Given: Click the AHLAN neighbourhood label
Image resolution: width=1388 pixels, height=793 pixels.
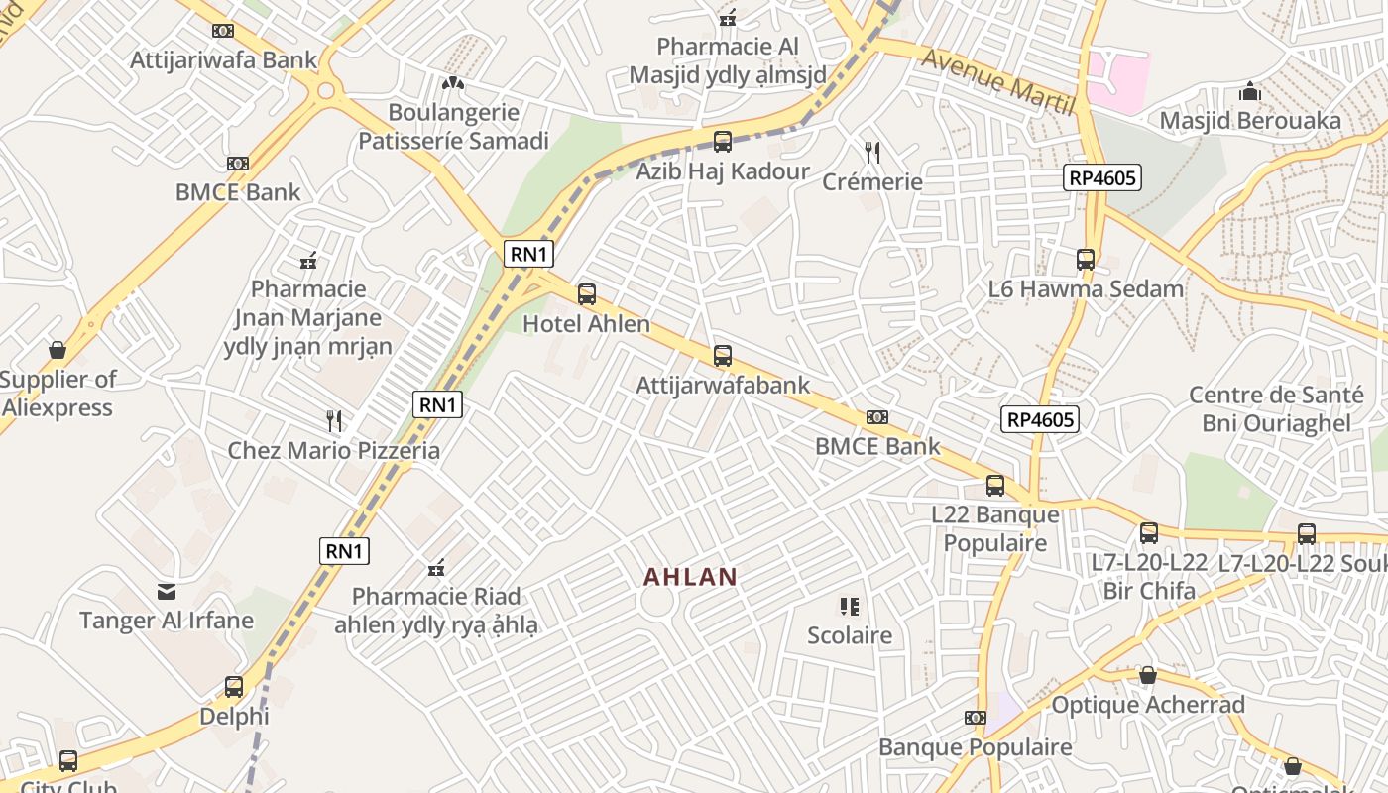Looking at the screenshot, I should [690, 576].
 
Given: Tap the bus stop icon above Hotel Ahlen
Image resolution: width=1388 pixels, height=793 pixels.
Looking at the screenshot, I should [587, 294].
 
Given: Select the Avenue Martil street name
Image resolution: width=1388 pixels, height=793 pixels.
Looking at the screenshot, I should [998, 78].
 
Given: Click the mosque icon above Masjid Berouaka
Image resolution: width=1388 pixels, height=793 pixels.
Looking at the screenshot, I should [1250, 92].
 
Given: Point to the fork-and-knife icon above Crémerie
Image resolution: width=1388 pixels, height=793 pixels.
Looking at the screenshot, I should [872, 152].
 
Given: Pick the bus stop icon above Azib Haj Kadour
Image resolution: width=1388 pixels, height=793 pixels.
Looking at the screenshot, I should [723, 142].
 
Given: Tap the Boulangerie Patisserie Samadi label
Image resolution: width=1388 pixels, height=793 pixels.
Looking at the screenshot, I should [453, 126].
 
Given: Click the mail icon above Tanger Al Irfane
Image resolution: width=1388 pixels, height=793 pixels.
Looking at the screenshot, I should [167, 592].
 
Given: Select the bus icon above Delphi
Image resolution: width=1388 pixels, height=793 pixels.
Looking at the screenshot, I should [234, 686].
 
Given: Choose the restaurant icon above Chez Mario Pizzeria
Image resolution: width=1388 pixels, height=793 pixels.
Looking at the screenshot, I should [334, 421].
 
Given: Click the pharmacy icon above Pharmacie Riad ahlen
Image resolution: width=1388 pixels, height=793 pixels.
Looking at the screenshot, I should [435, 568].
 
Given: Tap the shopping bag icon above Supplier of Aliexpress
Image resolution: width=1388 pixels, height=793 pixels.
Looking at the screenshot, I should [58, 350].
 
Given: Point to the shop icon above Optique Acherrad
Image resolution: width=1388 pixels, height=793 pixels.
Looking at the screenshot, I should [1147, 676].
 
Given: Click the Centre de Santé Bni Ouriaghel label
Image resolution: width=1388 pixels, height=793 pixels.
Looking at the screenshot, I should [1276, 409].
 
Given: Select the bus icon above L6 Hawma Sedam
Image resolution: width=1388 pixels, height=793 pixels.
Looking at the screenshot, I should [1086, 260].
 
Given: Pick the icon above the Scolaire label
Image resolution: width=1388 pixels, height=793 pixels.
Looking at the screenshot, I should [849, 606].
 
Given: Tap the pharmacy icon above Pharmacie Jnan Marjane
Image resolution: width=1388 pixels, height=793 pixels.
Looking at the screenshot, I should [308, 261].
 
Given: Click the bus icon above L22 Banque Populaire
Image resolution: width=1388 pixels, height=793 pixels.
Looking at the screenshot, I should [995, 486].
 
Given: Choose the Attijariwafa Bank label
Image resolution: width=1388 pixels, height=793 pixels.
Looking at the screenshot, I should [224, 59].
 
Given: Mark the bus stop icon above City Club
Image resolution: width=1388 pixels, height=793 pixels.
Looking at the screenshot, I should [68, 761].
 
